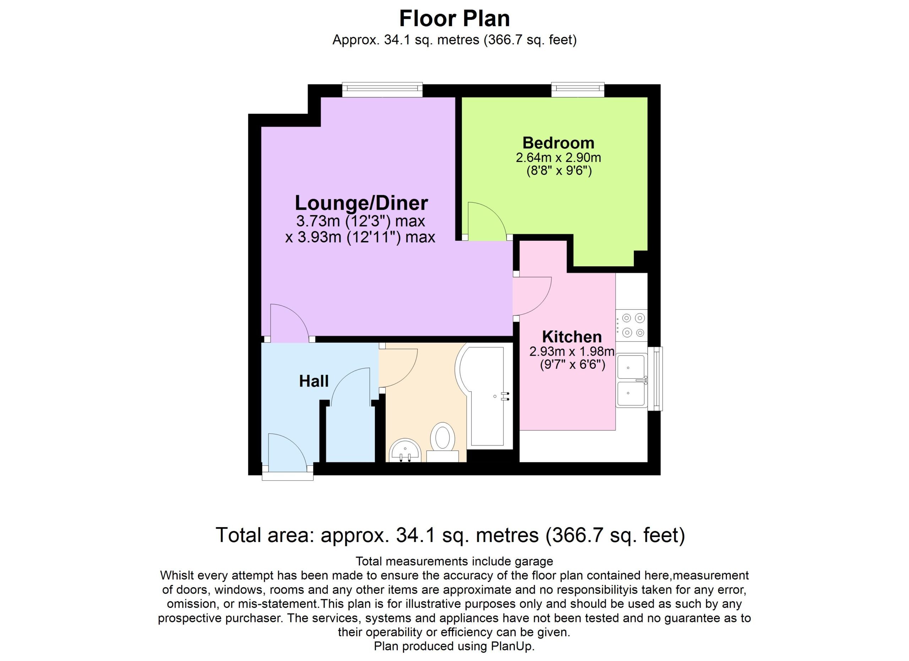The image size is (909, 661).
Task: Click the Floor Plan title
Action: click(x=454, y=18)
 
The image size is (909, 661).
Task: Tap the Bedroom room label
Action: click(x=558, y=143)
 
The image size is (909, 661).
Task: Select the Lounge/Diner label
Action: click(x=361, y=203)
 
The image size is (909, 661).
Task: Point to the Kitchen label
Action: click(x=572, y=337)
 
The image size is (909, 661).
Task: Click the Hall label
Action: click(x=314, y=381)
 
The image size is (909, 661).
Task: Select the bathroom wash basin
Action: click(x=405, y=451)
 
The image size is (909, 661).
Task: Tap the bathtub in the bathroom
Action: click(x=484, y=397)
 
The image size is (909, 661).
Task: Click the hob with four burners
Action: click(x=632, y=325)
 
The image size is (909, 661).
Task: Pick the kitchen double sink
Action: click(x=632, y=381)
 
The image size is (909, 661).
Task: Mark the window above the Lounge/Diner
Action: click(x=382, y=89)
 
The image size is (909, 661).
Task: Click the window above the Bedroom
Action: click(x=578, y=89)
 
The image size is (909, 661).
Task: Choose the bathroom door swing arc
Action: click(x=407, y=374)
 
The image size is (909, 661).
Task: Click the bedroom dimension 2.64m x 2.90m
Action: click(x=558, y=157)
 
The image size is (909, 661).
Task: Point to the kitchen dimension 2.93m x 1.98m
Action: click(x=572, y=351)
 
